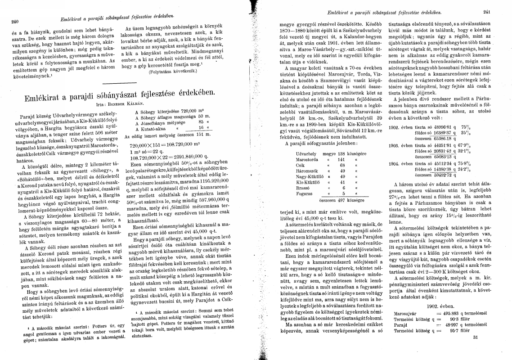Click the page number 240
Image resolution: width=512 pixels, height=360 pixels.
(15, 21)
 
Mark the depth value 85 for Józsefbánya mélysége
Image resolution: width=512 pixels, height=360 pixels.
(202, 123)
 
